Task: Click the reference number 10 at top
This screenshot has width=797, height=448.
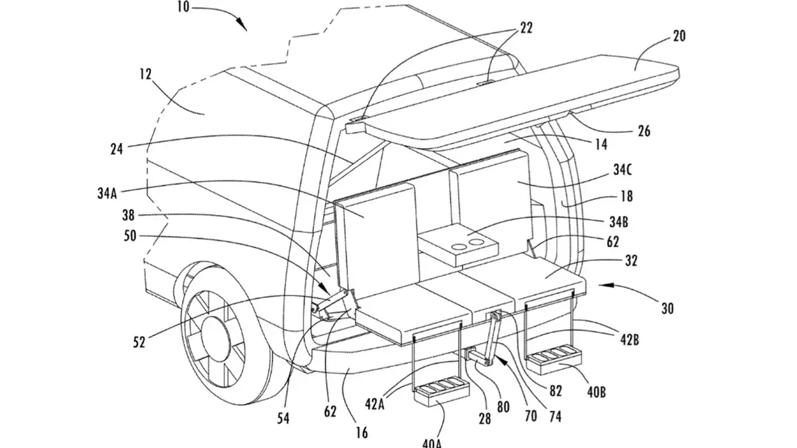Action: (x=183, y=9)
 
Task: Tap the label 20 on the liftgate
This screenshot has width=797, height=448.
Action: (x=679, y=36)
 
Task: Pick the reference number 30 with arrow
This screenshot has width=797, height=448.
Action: (x=667, y=308)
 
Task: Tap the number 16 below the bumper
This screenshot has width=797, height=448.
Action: (x=362, y=433)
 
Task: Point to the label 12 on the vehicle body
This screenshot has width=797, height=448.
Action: (x=145, y=75)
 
